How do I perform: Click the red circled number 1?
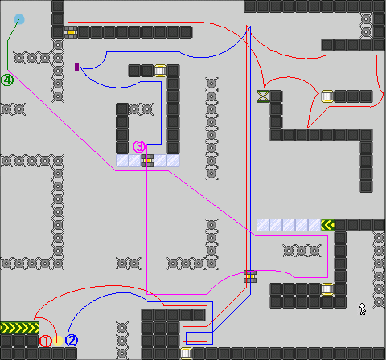(45, 342)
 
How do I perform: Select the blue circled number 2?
(72, 341)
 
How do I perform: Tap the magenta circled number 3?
(139, 147)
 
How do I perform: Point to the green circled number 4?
(7, 80)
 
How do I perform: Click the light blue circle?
(19, 19)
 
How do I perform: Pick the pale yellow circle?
(58, 341)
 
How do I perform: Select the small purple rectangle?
(77, 67)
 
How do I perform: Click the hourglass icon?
(263, 96)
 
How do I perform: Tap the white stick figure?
(363, 309)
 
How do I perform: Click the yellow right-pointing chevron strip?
(19, 328)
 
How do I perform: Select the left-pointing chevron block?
(327, 225)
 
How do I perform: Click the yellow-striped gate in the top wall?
(71, 32)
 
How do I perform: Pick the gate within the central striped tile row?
(147, 161)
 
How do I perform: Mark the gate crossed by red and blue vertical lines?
(250, 276)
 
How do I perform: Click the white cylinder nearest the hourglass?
(327, 96)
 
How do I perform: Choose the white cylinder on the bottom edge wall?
(186, 354)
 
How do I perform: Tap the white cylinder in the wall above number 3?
(160, 71)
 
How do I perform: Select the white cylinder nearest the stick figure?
(327, 289)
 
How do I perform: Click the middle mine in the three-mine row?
(302, 251)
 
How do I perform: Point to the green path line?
(7, 43)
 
